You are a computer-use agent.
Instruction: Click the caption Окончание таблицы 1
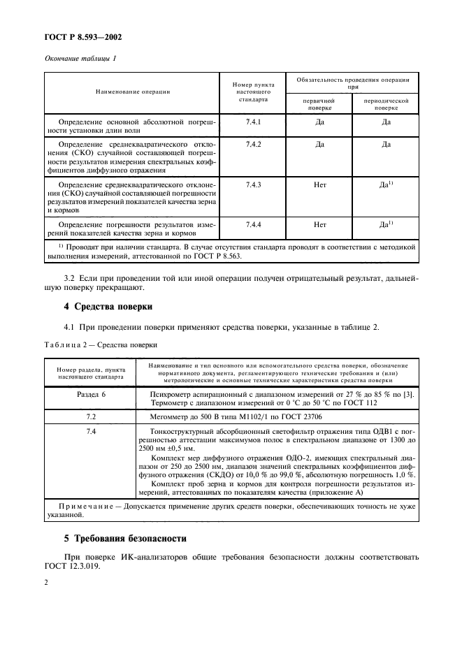pos(80,58)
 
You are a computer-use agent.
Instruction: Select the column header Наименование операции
pos(133,92)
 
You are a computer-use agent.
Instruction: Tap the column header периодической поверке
pos(385,105)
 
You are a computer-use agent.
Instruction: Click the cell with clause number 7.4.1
pos(253,122)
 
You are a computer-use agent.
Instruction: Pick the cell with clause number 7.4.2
pos(253,145)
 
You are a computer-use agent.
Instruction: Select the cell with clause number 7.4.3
pos(253,184)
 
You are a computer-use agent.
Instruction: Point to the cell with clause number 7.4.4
pos(253,224)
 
